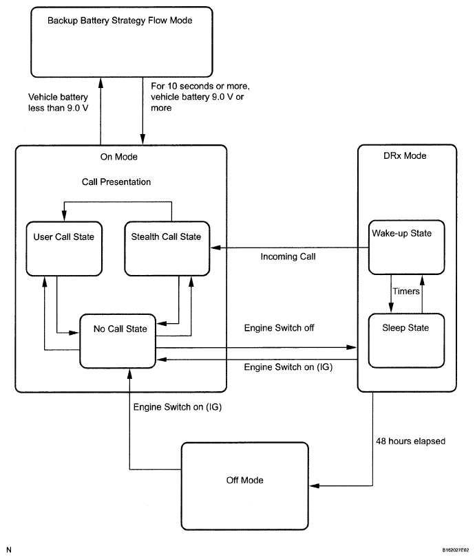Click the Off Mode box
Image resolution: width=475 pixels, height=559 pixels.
click(245, 486)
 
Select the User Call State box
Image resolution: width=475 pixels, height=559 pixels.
click(64, 249)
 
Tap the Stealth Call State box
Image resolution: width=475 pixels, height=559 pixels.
click(167, 249)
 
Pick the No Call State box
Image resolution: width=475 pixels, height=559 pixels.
click(118, 341)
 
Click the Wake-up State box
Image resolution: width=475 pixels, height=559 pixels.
click(406, 248)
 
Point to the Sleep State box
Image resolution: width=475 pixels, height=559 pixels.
click(406, 340)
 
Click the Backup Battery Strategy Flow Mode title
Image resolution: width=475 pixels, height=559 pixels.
click(120, 21)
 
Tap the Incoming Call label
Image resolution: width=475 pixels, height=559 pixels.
click(288, 256)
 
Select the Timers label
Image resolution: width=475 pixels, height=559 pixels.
click(406, 292)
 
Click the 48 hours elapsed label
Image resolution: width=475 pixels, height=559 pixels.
click(410, 441)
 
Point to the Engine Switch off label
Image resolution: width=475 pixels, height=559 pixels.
click(279, 328)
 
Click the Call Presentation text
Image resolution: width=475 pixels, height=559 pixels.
click(116, 182)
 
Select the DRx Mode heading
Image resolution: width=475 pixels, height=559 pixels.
click(405, 156)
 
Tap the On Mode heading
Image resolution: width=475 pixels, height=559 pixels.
click(119, 157)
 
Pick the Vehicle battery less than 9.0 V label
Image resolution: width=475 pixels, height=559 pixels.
click(59, 102)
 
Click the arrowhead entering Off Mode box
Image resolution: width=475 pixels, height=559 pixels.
click(315, 485)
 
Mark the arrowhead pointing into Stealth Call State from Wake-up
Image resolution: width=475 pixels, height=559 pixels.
click(215, 248)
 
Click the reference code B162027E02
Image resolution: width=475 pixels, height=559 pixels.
click(456, 550)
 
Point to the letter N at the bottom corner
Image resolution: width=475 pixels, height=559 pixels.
click(9, 550)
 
